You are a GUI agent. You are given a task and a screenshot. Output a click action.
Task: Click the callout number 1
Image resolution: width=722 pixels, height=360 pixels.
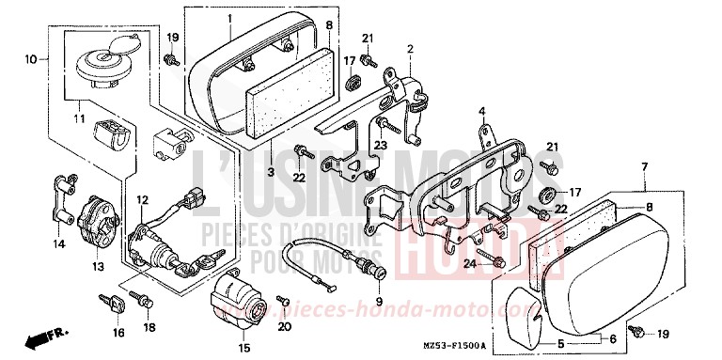228,18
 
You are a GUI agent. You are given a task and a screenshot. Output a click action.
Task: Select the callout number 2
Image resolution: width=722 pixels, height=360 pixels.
410,47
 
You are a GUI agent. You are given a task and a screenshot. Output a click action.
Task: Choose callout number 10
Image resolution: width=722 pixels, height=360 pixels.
31,59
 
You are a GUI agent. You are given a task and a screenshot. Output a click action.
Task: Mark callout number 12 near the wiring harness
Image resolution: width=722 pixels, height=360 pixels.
141,199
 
